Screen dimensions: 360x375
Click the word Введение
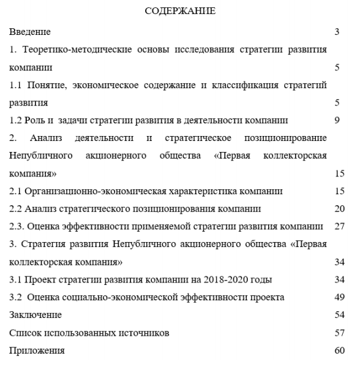(30, 31)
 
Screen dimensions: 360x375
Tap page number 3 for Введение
(337, 31)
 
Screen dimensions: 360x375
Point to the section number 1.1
(16, 85)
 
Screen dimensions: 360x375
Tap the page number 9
(337, 121)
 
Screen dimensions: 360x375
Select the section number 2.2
(16, 210)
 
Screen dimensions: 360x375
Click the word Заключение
(36, 316)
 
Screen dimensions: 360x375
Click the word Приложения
(37, 351)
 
